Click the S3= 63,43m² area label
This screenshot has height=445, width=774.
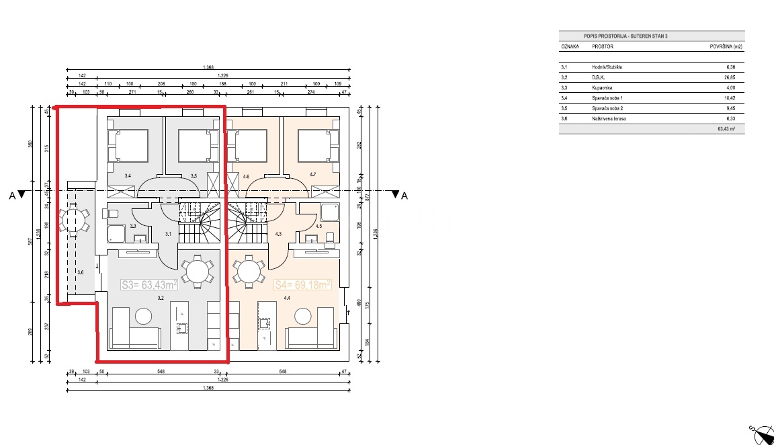148,284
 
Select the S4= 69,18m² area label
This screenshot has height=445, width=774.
303,284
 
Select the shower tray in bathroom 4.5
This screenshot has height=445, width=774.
329,212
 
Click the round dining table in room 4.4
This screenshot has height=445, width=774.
248,272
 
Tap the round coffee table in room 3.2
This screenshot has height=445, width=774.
144,315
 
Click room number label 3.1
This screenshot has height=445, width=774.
169,234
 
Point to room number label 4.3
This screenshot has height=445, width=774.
278,234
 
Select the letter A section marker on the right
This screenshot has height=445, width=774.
404,196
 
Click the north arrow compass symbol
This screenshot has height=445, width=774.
761,433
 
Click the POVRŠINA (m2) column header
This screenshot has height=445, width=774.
726,48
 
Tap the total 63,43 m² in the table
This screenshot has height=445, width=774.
735,129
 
